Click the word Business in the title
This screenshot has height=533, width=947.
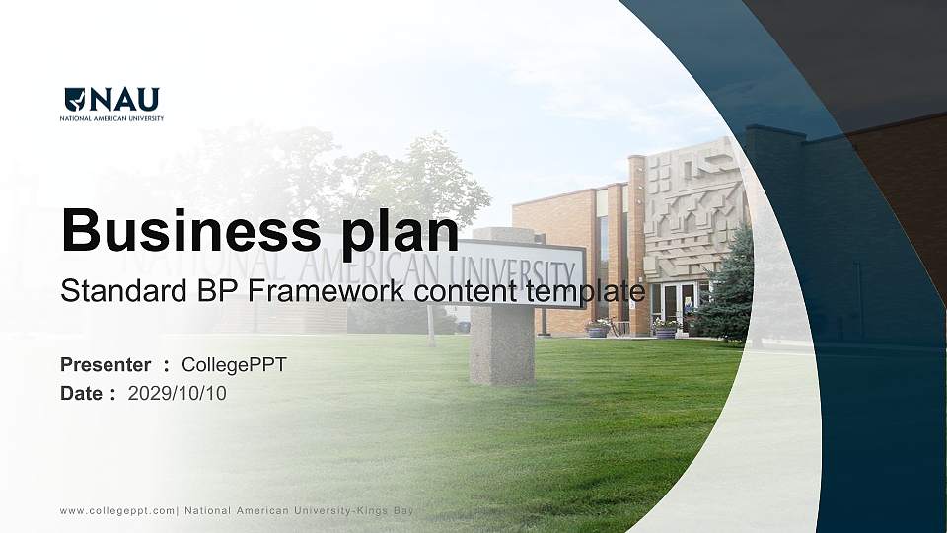click(x=184, y=230)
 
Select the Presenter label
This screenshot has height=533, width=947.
click(x=106, y=365)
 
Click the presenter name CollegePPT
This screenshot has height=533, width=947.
click(x=234, y=365)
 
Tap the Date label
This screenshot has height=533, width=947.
click(x=82, y=394)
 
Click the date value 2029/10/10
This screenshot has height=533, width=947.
click(x=178, y=394)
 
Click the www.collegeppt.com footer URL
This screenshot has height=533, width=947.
click(x=116, y=511)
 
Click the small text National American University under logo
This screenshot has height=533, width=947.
click(x=111, y=118)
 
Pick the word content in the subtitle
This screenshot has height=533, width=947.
click(x=470, y=291)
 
